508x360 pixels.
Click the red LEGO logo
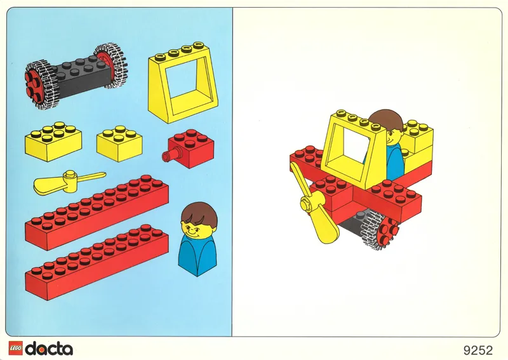point(15,348)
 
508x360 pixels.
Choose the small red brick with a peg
point(190,148)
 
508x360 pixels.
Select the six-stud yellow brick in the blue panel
point(53,140)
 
